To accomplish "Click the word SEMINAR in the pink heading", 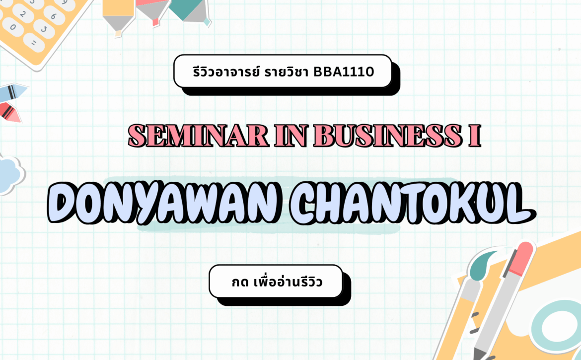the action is point(198,136).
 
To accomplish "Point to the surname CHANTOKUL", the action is point(412,203).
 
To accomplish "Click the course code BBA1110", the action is point(344,72).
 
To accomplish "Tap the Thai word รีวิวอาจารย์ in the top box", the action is point(226,72).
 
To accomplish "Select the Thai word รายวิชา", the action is point(286,72).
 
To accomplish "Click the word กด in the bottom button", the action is point(240,283).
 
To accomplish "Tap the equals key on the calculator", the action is point(34,43).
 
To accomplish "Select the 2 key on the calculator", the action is point(23,14).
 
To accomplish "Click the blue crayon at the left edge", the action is point(12,92).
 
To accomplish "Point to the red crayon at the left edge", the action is point(9,113).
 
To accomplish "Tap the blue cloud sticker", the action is point(10,175).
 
